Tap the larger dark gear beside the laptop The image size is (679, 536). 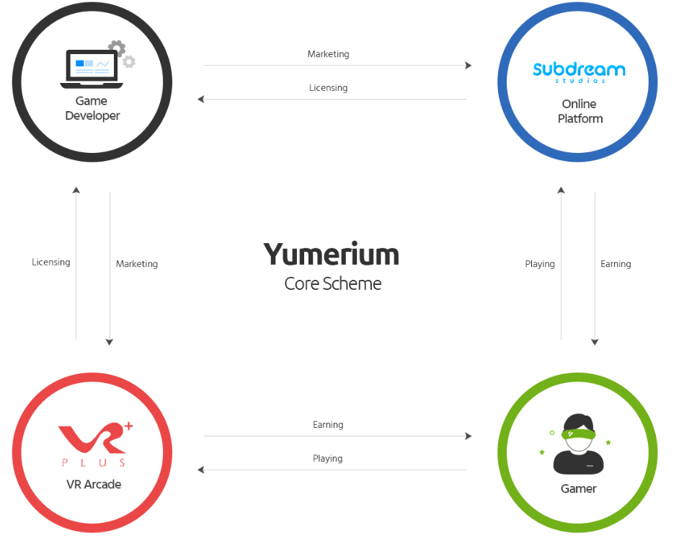point(117,48)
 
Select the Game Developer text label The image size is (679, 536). point(92,108)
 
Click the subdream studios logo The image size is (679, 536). point(579,71)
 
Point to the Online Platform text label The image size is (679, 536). point(580,111)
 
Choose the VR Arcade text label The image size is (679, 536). point(94,484)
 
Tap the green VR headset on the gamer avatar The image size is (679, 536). point(579,434)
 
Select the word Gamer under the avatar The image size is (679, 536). point(579,488)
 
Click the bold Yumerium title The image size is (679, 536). point(331,255)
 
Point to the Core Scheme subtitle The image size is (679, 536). point(332,284)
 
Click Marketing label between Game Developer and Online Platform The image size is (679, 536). point(328,54)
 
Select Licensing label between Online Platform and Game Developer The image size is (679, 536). point(328,88)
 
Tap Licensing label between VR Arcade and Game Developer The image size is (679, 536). point(51,262)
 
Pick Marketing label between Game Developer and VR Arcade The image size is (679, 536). point(137,264)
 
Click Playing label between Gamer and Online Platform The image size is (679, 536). point(540,264)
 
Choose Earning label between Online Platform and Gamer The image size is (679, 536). point(616,264)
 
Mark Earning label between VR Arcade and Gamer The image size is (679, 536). point(328,425)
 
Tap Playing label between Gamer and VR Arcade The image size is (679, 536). point(328,459)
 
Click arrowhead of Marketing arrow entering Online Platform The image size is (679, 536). point(469,66)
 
